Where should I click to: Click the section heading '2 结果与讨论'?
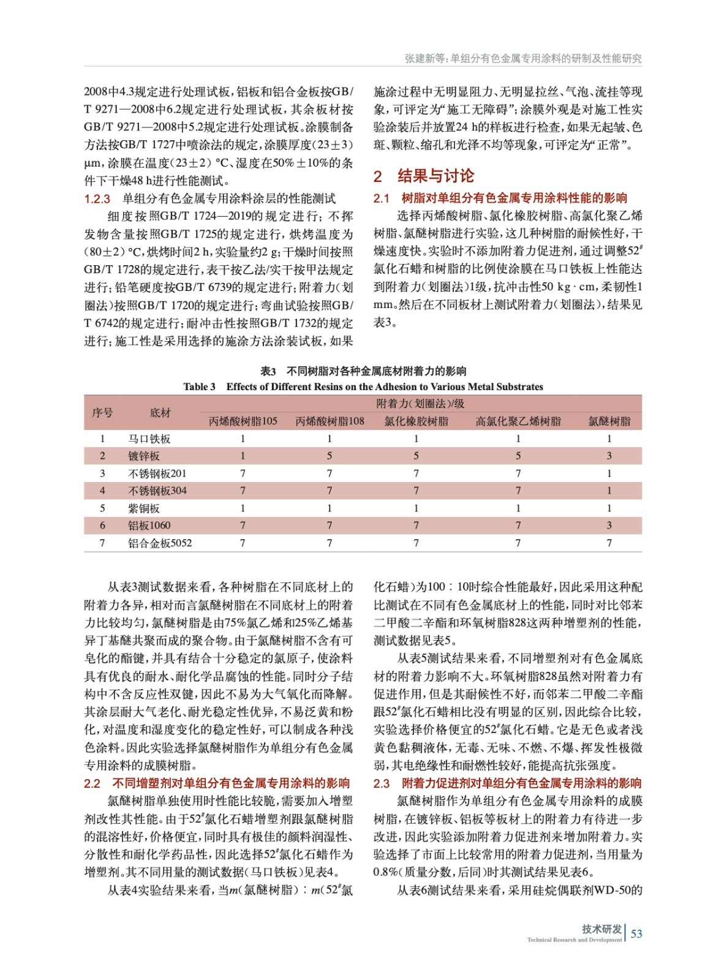tap(424, 176)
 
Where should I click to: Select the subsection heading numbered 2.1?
tap(500, 198)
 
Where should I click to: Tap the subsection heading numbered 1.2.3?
tap(209, 198)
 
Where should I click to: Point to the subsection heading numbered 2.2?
tap(217, 783)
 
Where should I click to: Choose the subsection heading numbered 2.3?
tap(507, 783)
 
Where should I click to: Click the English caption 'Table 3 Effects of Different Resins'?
tap(363, 386)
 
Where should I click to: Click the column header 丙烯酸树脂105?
tap(243, 421)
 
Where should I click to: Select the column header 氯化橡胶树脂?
tap(416, 421)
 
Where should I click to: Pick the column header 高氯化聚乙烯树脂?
tap(518, 421)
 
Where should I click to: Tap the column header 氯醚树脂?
tap(609, 421)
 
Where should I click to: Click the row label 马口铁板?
tap(149, 439)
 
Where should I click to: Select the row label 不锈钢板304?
tap(157, 491)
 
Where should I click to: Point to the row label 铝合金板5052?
tap(160, 543)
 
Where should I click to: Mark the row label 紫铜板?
tap(144, 508)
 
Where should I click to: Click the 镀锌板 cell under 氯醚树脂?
tap(609, 456)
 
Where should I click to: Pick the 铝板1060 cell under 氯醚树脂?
tap(609, 525)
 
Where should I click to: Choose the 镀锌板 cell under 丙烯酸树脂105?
tap(243, 456)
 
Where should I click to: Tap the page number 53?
tap(636, 933)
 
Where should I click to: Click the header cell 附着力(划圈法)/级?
tap(420, 404)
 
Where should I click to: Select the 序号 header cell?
tap(102, 412)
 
